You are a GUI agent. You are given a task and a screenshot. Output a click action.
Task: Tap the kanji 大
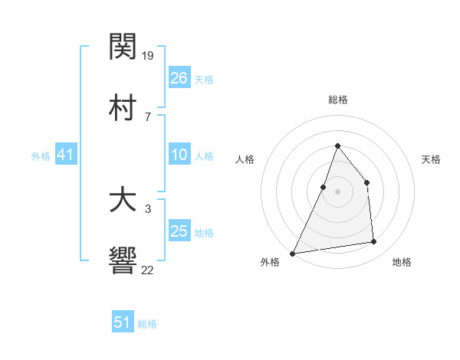pos(123,201)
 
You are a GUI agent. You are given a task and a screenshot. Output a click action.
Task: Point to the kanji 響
pos(123,260)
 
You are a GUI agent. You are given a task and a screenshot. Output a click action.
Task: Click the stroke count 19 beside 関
pos(149,56)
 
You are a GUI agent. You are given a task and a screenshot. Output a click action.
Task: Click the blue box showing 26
pos(179,77)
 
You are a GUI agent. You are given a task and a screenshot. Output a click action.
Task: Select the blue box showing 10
pos(179,155)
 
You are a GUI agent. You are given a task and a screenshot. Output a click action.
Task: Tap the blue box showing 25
pos(179,231)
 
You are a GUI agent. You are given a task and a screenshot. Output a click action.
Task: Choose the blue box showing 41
pos(65,155)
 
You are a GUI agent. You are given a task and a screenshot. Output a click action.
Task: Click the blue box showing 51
pos(123,322)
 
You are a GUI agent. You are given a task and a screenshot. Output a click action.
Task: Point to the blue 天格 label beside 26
pos(204,79)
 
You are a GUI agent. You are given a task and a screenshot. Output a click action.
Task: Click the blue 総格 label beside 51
pos(147,324)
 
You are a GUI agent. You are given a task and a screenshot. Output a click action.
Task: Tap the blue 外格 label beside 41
pos(41,156)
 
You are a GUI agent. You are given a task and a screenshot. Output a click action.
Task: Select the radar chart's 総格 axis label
pos(337,100)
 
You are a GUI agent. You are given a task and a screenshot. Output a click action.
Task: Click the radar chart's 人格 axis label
pos(245,159)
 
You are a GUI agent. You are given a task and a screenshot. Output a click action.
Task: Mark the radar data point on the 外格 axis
pos(293,253)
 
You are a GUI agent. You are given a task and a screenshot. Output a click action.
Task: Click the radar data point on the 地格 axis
pos(374,242)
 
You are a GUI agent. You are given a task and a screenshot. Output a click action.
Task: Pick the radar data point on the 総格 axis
pos(337,146)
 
